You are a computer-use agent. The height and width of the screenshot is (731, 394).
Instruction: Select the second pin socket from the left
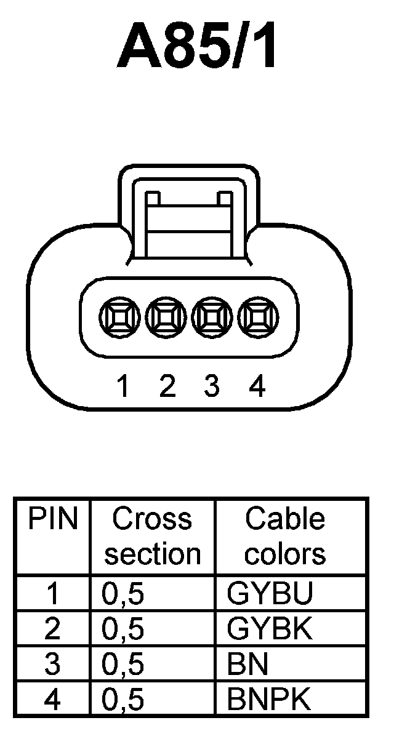point(165,317)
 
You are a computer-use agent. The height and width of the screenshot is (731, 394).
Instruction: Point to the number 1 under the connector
point(123,386)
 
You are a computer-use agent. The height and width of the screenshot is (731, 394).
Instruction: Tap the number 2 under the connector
point(167,386)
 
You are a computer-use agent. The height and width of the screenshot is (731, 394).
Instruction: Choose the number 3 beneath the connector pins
point(211,386)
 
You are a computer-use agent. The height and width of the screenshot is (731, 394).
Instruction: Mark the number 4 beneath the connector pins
point(257,386)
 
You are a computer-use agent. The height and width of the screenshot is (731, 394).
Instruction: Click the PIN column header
point(53,520)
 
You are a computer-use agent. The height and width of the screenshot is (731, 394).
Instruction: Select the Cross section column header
point(152,537)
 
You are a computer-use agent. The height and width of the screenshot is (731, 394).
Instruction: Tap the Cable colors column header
point(284,537)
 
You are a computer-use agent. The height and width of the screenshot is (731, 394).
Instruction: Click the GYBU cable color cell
point(270,593)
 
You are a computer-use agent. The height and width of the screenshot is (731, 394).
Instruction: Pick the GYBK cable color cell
point(270,629)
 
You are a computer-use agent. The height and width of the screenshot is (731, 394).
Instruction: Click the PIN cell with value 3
point(53,665)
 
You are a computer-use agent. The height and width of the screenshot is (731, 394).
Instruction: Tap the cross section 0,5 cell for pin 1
point(123,593)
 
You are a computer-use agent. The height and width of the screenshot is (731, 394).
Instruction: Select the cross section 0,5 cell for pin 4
point(123,700)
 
